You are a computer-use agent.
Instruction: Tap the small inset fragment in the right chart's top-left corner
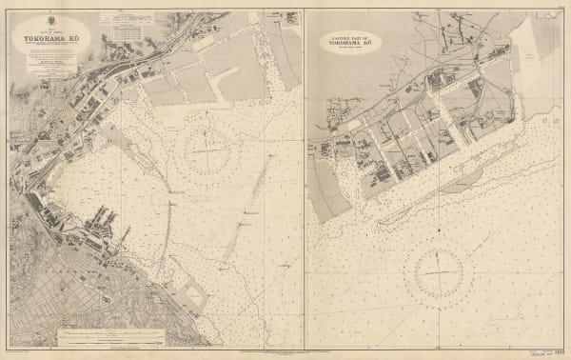324,19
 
